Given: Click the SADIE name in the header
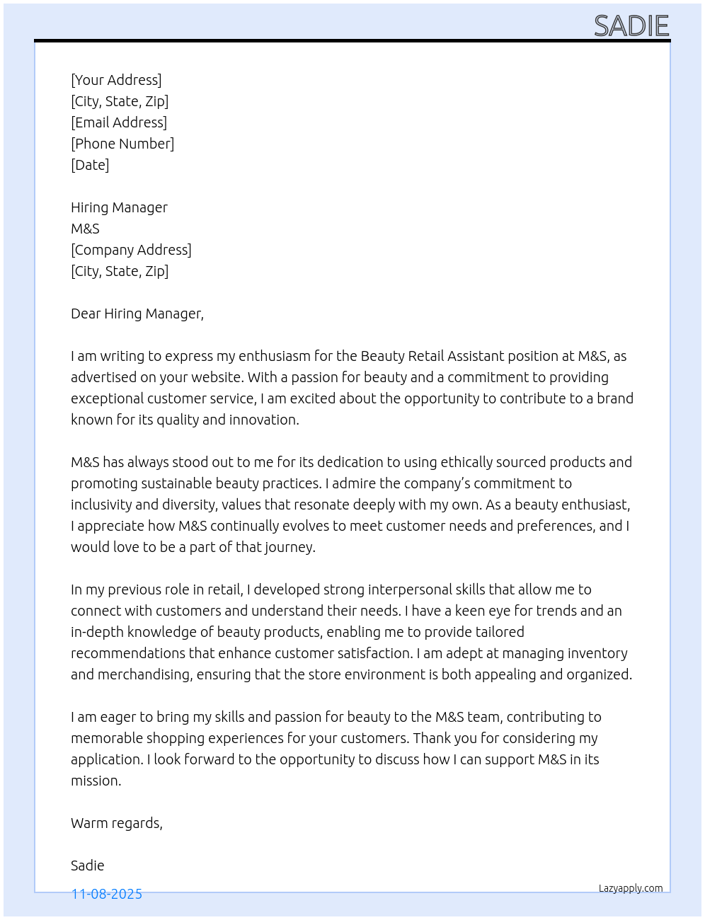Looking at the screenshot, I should (631, 26).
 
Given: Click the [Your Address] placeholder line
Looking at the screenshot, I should (116, 80).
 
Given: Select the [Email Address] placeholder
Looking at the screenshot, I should (119, 122).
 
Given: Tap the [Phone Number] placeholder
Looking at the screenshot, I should (122, 144).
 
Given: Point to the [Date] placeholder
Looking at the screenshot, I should (90, 165).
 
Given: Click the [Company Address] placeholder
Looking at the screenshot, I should (131, 250).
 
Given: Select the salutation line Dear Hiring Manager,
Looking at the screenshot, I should (137, 314).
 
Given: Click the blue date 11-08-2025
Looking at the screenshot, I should (107, 894).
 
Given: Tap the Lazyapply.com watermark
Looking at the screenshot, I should (631, 888).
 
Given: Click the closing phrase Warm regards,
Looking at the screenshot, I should (117, 823).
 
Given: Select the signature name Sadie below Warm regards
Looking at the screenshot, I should (88, 866).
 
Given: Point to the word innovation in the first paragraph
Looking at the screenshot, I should (263, 420).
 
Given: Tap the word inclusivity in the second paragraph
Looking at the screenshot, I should (101, 505).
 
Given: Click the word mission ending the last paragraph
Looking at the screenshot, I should (96, 781).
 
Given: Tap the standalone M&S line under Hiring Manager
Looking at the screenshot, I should (85, 229).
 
